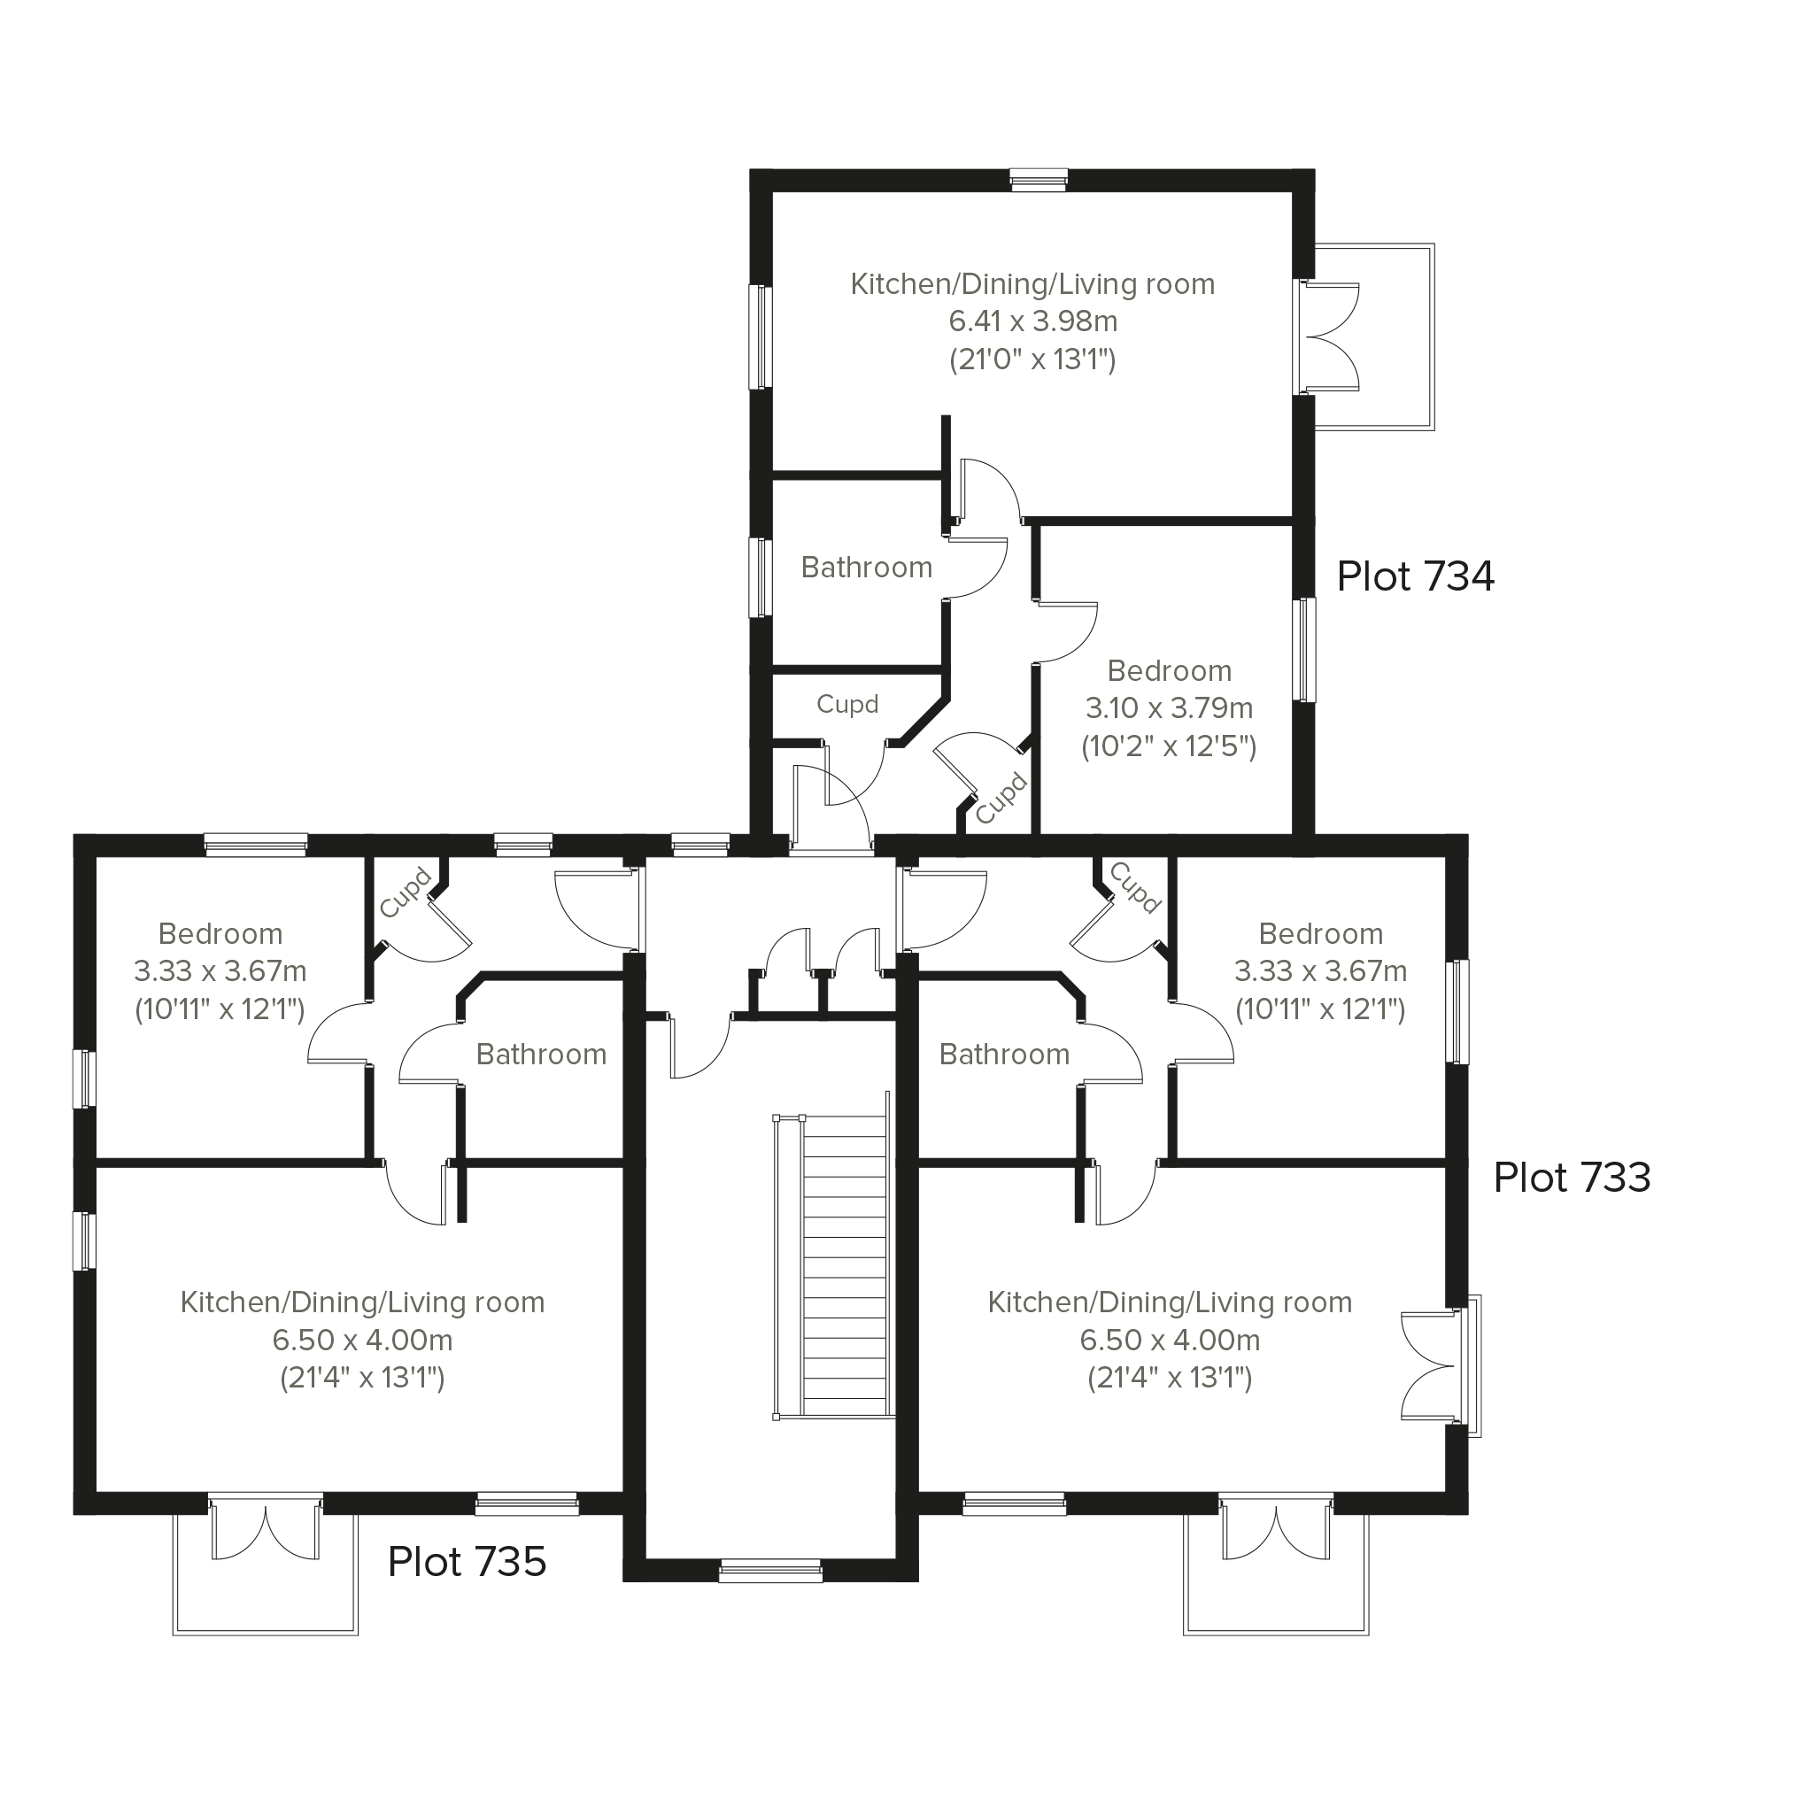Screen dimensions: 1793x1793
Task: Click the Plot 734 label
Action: pos(1415,576)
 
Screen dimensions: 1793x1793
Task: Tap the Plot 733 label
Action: pos(1573,1178)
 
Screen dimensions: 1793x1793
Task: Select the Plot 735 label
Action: pos(467,1562)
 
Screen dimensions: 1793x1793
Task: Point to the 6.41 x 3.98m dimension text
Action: pos(1033,321)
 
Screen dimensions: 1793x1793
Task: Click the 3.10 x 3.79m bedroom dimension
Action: pos(1170,708)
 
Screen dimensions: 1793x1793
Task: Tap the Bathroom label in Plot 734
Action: pos(867,567)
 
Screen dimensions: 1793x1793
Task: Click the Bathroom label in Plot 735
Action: pos(541,1055)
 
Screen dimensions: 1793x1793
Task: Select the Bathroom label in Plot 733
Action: pos(1004,1055)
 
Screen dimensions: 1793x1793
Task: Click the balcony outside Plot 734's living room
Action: pos(1374,336)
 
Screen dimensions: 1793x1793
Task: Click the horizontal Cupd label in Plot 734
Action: pos(847,705)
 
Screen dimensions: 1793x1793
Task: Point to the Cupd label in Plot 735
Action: pos(406,893)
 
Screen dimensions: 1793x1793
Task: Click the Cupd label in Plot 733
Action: pos(1135,888)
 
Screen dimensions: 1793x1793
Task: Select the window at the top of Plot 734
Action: pos(1039,180)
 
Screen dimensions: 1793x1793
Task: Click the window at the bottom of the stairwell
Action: pos(770,1570)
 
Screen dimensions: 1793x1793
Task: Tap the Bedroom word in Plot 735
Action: pos(220,933)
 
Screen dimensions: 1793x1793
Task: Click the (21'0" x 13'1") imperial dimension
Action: pos(1033,359)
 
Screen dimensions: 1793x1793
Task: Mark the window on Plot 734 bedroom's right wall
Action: pos(1304,650)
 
